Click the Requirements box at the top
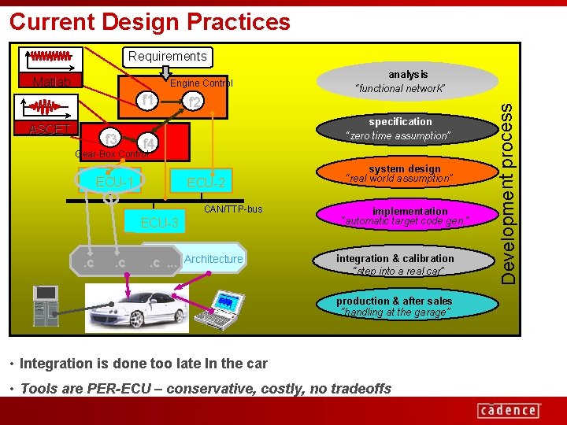click(x=167, y=56)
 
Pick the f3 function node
click(x=112, y=139)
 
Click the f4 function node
click(x=146, y=144)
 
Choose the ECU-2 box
click(x=206, y=183)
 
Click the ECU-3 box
click(x=159, y=223)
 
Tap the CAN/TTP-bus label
click(x=232, y=209)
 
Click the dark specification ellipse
click(x=399, y=128)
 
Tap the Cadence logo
click(x=509, y=410)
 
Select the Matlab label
click(x=52, y=83)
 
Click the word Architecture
click(x=213, y=259)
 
